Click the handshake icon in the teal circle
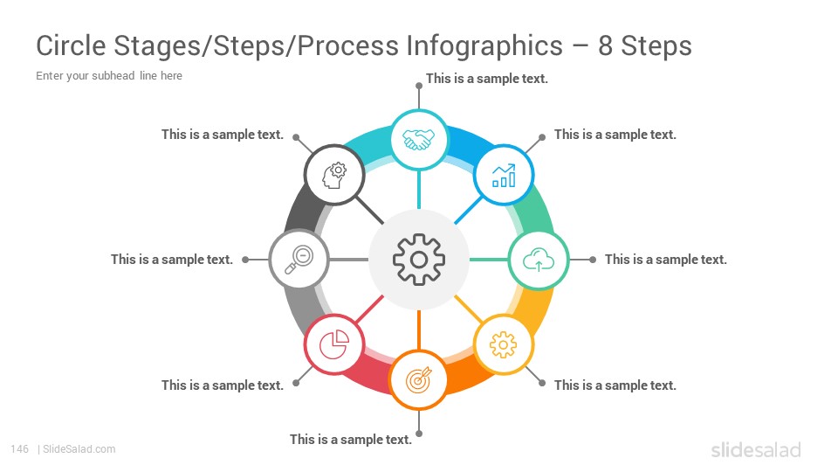pyautogui.click(x=418, y=140)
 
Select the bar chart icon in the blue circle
pyautogui.click(x=504, y=175)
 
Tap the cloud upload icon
pyautogui.click(x=539, y=260)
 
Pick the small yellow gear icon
pyautogui.click(x=503, y=344)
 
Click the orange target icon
pyautogui.click(x=418, y=379)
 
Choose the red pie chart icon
pyautogui.click(x=334, y=344)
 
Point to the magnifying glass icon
pyautogui.click(x=299, y=260)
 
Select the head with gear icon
pyautogui.click(x=334, y=175)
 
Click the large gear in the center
pyautogui.click(x=418, y=260)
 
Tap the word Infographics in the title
pyautogui.click(x=484, y=46)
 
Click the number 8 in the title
pyautogui.click(x=605, y=46)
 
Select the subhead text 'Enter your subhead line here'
pyautogui.click(x=109, y=76)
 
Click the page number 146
pyautogui.click(x=19, y=449)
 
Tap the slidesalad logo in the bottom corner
pyautogui.click(x=756, y=449)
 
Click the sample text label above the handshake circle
pyautogui.click(x=487, y=79)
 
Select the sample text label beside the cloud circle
pyautogui.click(x=666, y=260)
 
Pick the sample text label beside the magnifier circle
pyautogui.click(x=172, y=260)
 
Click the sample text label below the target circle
pyautogui.click(x=351, y=440)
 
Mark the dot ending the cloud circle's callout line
pyautogui.click(x=593, y=260)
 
